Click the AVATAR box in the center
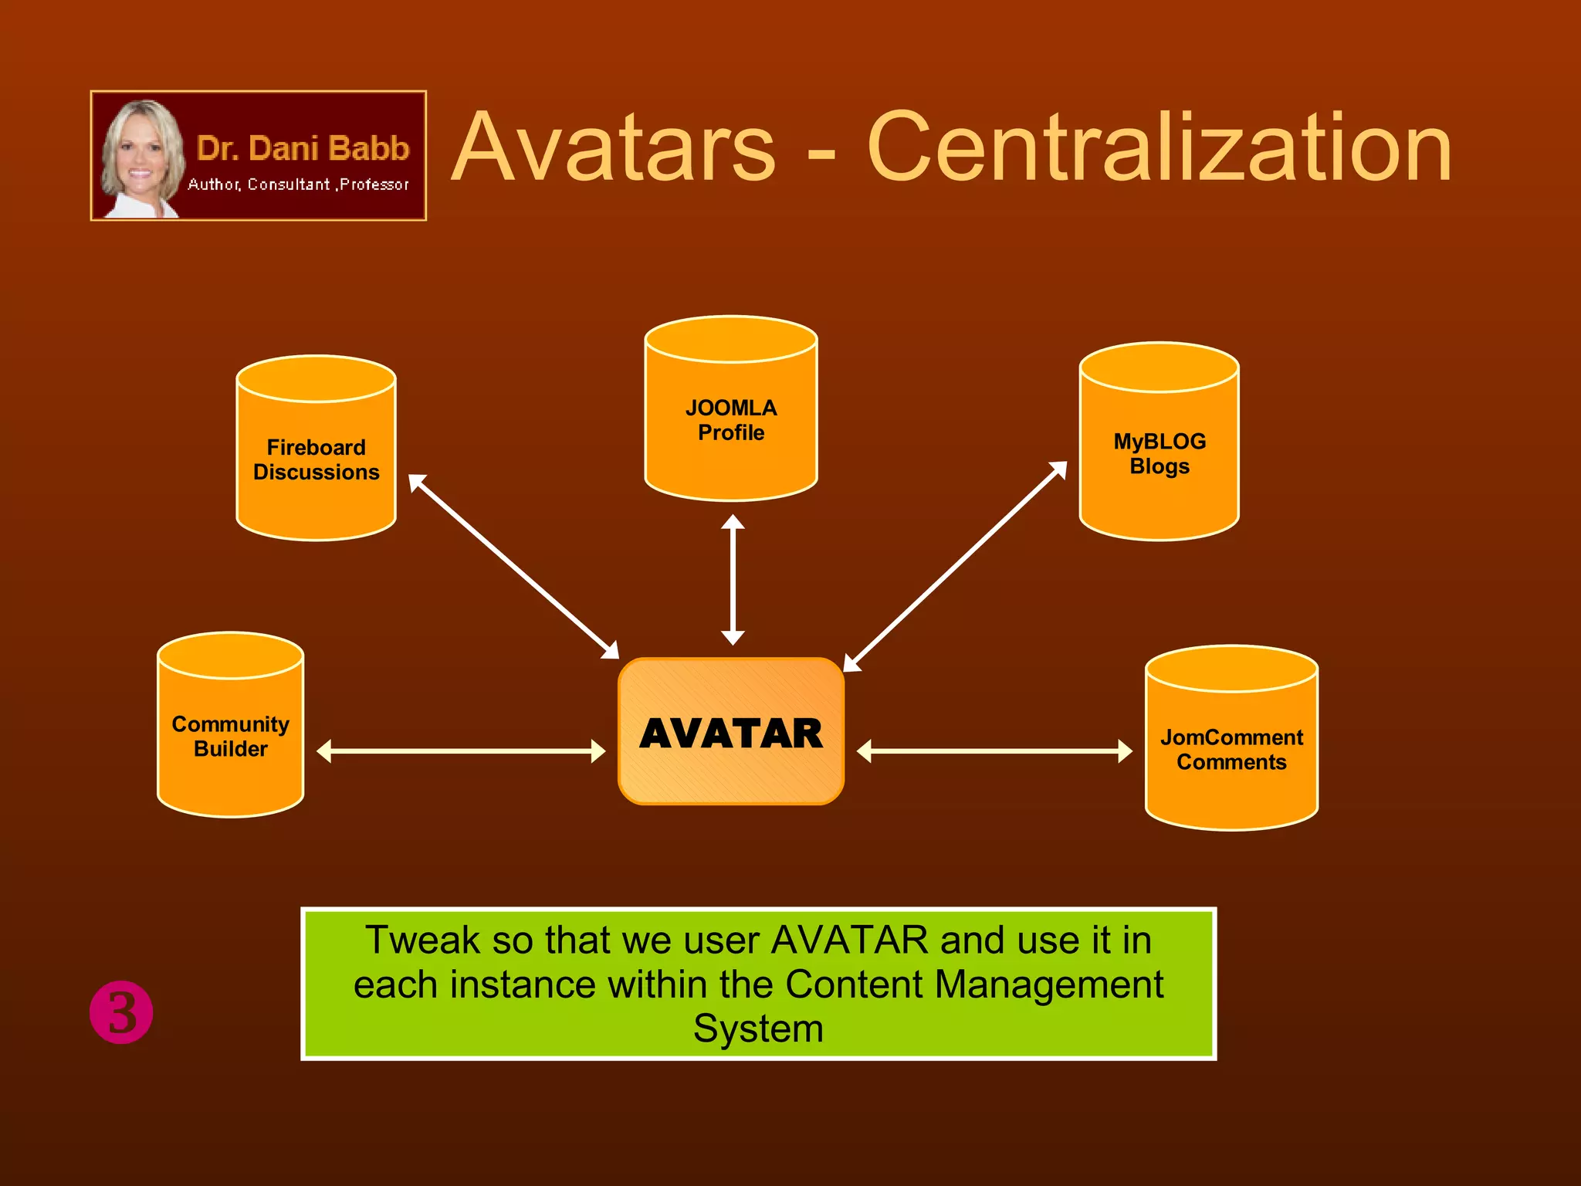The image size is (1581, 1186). [730, 732]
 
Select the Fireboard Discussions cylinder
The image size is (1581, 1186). [316, 459]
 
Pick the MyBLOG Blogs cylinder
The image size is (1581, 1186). [1159, 453]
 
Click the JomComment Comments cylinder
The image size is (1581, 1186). [1231, 749]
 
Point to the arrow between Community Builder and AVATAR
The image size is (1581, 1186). [461, 751]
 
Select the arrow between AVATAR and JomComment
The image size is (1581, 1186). [994, 751]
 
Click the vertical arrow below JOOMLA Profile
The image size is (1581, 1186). [733, 580]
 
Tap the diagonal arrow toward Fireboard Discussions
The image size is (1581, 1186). [513, 566]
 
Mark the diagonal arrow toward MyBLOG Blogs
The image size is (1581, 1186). [955, 566]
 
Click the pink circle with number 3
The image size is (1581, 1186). [121, 1012]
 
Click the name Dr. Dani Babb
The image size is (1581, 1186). [303, 148]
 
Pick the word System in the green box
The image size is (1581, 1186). [758, 1028]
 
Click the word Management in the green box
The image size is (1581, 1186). [1048, 984]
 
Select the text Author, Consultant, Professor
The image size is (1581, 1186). [298, 185]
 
